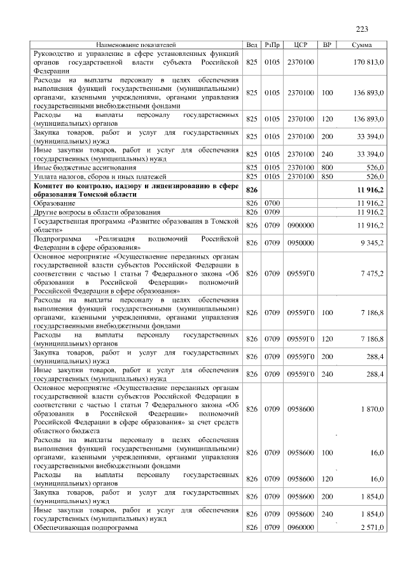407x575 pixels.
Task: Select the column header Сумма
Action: (362, 45)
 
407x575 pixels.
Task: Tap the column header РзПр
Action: (272, 45)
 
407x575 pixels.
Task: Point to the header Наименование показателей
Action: (136, 45)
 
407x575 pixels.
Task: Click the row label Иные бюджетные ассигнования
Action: (76, 166)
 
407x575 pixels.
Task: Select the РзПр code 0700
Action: (272, 203)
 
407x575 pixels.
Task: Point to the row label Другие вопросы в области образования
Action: (92, 212)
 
